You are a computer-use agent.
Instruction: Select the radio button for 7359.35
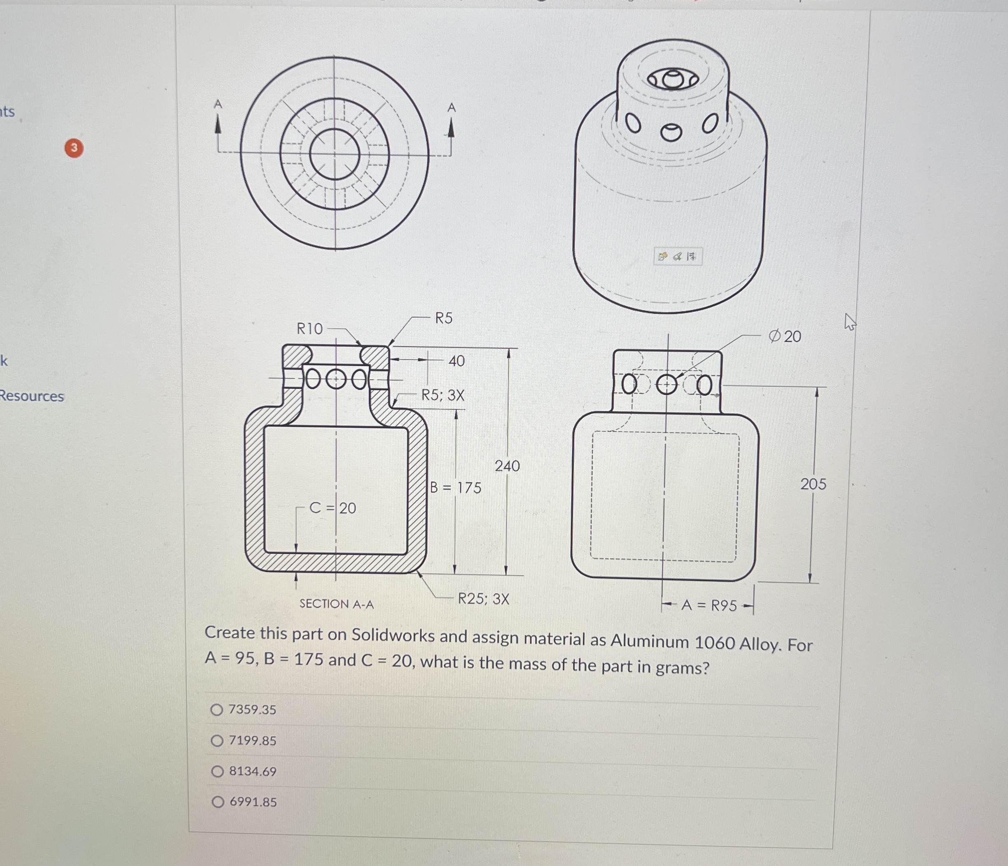(217, 709)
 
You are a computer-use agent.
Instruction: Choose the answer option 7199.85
(217, 741)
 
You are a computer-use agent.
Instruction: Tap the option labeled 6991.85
(218, 802)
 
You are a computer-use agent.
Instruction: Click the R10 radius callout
(309, 329)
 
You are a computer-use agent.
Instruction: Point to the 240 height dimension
(507, 466)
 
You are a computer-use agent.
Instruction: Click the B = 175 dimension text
(456, 488)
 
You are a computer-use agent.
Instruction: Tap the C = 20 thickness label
(333, 508)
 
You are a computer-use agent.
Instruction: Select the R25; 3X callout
(483, 599)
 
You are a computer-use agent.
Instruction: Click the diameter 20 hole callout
(784, 336)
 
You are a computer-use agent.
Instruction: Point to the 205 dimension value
(813, 484)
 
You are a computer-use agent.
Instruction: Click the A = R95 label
(709, 605)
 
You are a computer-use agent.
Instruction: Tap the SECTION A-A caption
(337, 604)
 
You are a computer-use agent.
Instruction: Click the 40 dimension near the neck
(456, 361)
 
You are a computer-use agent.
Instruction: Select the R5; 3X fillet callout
(443, 395)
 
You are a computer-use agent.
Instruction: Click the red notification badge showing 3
(74, 148)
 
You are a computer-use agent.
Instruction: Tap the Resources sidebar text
(32, 396)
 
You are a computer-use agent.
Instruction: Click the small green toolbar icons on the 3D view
(678, 256)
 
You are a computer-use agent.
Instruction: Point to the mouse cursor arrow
(850, 322)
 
